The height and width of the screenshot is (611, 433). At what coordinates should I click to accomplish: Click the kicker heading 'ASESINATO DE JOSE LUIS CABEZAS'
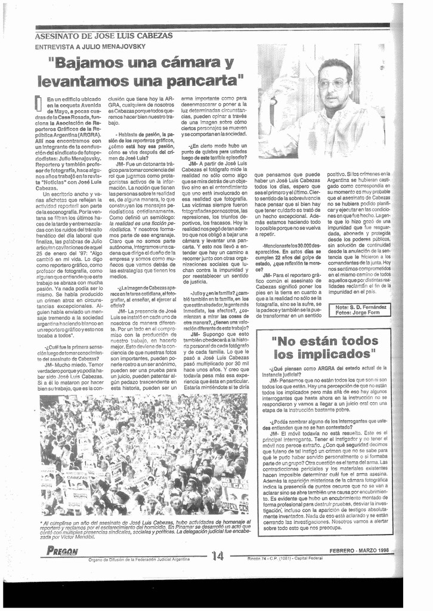click(x=104, y=36)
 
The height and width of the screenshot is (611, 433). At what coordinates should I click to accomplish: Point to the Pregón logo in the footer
click(x=60, y=551)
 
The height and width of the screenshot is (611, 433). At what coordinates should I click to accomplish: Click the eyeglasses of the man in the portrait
click(x=332, y=84)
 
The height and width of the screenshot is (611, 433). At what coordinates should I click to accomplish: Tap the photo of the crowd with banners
click(x=144, y=455)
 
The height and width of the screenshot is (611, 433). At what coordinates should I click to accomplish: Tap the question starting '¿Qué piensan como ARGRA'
click(x=324, y=370)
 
